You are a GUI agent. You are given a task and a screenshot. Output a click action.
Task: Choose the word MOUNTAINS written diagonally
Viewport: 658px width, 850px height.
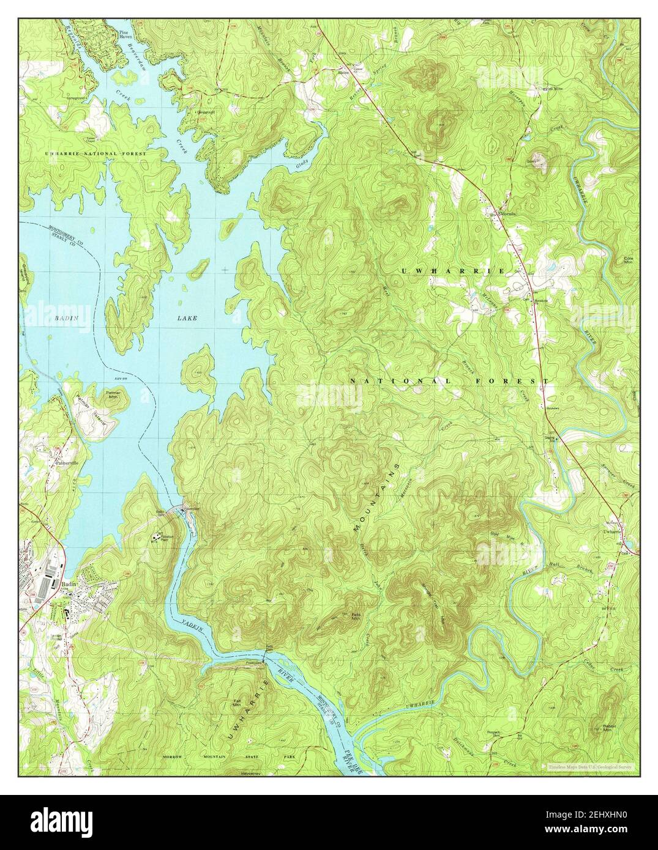coord(375,497)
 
